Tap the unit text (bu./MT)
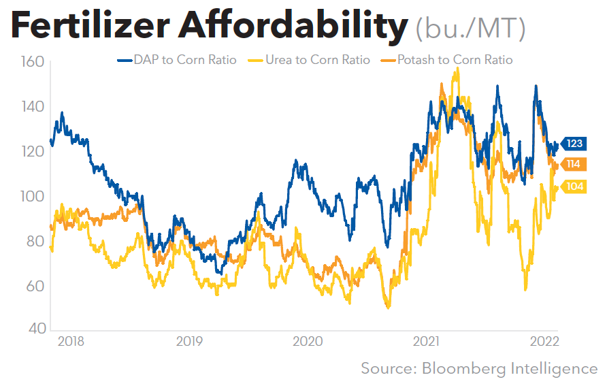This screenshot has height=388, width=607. point(470,29)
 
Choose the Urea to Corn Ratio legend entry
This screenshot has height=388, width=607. point(311,60)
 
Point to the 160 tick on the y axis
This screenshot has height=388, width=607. point(31,62)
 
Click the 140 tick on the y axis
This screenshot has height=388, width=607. point(31,107)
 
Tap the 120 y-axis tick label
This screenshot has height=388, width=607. point(31,151)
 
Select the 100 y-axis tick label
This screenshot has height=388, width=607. point(31,196)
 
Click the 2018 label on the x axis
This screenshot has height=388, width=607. point(71,341)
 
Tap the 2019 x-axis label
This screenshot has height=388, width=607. point(189,341)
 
